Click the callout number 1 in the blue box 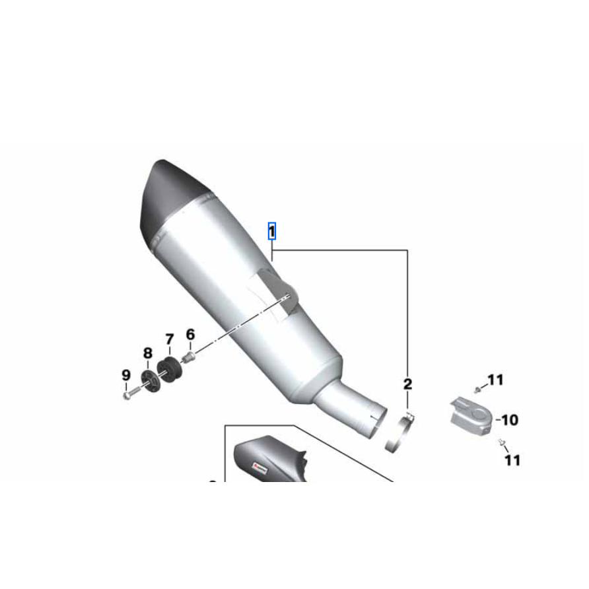[271, 232]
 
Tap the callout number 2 [407, 384]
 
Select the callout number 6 [190, 335]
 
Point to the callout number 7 [168, 341]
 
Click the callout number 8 [147, 354]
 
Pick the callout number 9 [126, 375]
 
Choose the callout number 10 [509, 419]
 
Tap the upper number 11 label [495, 380]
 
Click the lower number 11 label [512, 460]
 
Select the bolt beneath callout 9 [127, 395]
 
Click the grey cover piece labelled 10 [469, 414]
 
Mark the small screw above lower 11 [501, 441]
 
